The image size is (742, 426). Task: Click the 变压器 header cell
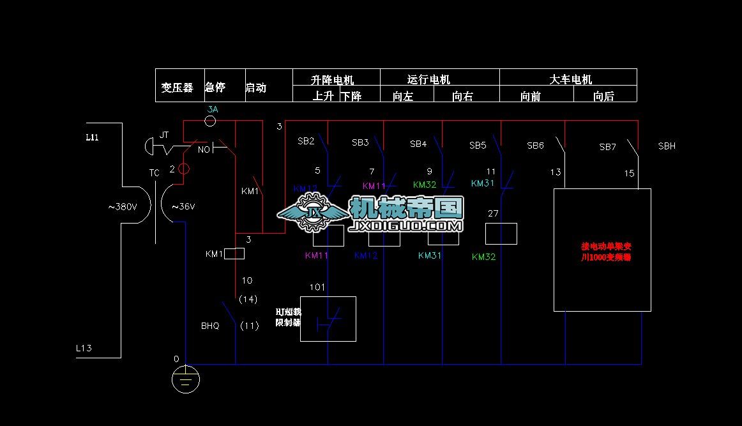[x=178, y=87]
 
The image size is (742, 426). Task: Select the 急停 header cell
[x=215, y=87]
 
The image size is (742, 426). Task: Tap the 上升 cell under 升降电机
[x=323, y=96]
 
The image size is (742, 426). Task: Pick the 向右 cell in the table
[x=462, y=96]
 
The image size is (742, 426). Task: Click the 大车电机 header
[x=570, y=79]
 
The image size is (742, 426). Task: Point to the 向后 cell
[x=603, y=96]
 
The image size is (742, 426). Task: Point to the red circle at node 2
[x=183, y=169]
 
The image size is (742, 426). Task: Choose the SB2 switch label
[x=306, y=141]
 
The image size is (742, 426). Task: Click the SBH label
[x=667, y=146]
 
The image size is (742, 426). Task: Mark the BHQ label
[x=210, y=326]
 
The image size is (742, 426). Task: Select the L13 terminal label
[x=84, y=348]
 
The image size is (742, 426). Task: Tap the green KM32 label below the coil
[x=483, y=257]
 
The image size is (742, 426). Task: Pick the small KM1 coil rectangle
[x=235, y=254]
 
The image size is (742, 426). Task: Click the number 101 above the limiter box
[x=317, y=287]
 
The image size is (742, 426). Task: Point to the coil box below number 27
[x=501, y=234]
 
